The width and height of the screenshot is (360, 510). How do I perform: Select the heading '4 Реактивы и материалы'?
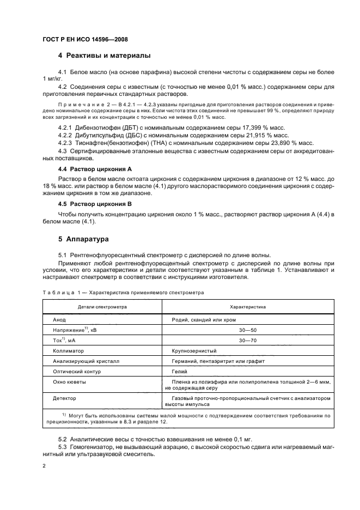[104, 56]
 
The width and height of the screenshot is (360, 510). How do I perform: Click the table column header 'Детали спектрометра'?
[102, 307]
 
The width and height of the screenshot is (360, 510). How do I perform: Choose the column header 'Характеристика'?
[248, 307]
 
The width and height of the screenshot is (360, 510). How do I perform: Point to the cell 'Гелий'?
[180, 372]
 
